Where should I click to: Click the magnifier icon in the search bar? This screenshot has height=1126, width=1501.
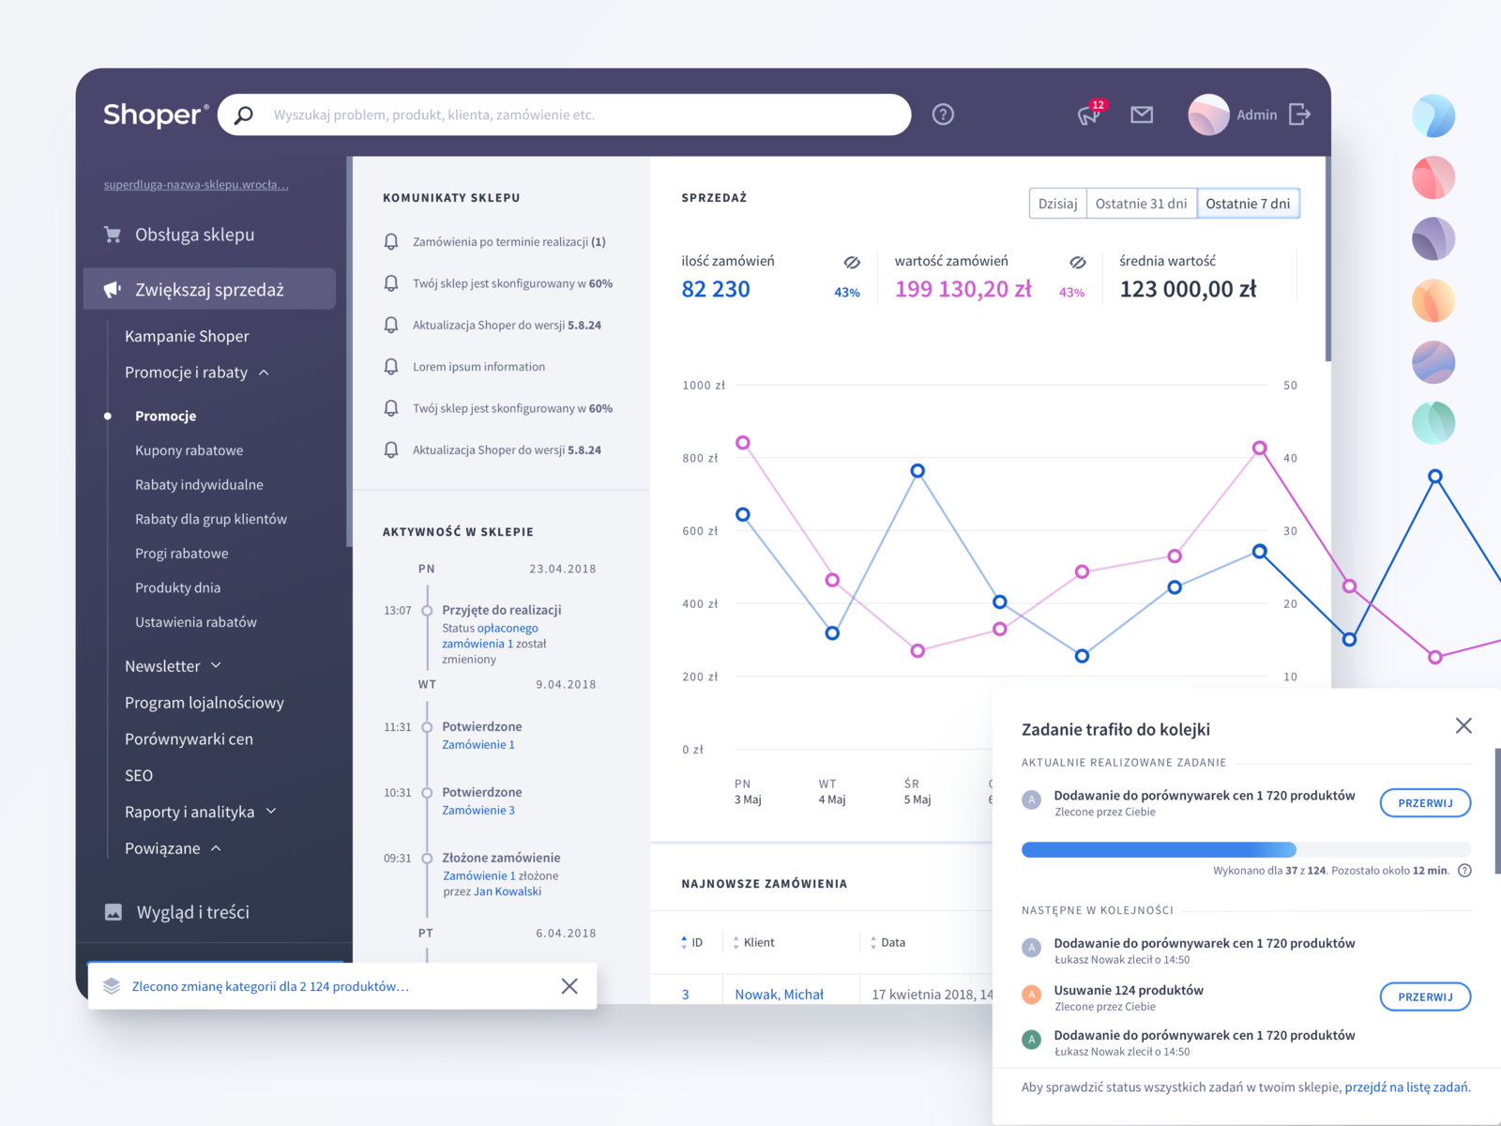244,114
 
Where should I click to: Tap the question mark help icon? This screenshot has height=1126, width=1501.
943,114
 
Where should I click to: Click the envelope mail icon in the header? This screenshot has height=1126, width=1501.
1142,114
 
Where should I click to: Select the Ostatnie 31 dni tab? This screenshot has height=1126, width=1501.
1141,204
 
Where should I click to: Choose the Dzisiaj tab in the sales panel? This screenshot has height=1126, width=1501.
1057,204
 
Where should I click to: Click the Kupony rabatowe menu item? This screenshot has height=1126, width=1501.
189,450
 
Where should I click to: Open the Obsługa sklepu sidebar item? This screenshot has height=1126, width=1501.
194,235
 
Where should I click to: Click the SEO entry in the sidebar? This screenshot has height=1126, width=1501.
139,776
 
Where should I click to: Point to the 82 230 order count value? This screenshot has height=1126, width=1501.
716,289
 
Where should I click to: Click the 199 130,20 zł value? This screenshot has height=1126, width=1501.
963,289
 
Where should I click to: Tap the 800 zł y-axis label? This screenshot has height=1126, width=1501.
700,458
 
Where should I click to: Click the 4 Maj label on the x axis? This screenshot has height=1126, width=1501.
831,799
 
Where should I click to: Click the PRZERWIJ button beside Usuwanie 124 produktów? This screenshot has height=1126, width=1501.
1424,997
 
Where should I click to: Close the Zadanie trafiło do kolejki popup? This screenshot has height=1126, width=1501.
1463,725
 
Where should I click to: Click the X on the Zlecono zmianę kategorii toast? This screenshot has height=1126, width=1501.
569,986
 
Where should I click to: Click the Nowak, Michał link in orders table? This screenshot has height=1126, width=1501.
779,995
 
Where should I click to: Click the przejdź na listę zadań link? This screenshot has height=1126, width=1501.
1407,1088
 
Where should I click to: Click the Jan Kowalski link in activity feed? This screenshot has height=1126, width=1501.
508,891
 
